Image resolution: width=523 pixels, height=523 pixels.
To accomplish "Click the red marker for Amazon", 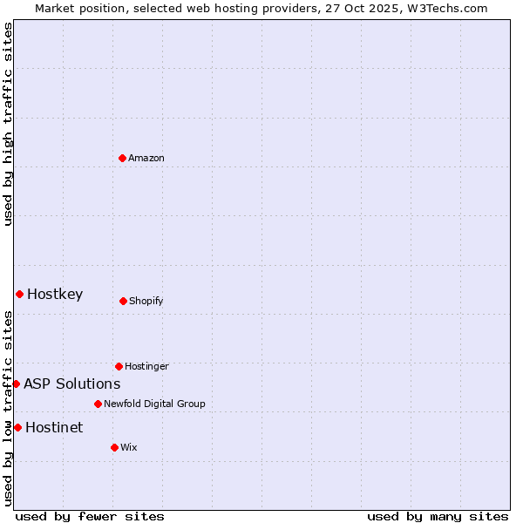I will pyautogui.click(x=123, y=158).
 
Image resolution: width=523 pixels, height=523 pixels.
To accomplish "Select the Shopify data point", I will pyautogui.click(x=123, y=301).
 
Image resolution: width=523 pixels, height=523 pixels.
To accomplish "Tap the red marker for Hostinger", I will pyautogui.click(x=119, y=366).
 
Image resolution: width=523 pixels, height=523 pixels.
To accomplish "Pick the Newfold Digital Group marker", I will pyautogui.click(x=98, y=404).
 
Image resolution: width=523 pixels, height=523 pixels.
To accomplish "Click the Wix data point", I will pyautogui.click(x=114, y=447).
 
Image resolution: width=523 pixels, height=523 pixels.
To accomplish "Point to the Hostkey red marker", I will pyautogui.click(x=19, y=294).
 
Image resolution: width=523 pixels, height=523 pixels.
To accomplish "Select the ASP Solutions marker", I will pyautogui.click(x=16, y=384).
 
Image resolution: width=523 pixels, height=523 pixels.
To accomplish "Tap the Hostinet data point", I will pyautogui.click(x=17, y=427).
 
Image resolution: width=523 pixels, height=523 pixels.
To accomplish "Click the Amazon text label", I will pyautogui.click(x=146, y=159).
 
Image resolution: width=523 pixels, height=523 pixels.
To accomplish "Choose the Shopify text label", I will pyautogui.click(x=146, y=302).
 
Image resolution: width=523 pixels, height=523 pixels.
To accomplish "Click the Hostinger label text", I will pyautogui.click(x=146, y=367).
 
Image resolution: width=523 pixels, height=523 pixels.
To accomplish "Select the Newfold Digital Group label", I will pyautogui.click(x=154, y=404).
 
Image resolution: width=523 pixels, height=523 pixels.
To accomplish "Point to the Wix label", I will pyautogui.click(x=129, y=448).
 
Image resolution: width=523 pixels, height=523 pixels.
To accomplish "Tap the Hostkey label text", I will pyautogui.click(x=55, y=295).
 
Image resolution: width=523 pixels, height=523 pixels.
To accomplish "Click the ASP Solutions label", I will pyautogui.click(x=72, y=384).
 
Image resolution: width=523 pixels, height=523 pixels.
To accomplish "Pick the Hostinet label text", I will pyautogui.click(x=54, y=428).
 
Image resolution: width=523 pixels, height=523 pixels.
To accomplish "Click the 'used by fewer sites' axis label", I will pyautogui.click(x=90, y=516).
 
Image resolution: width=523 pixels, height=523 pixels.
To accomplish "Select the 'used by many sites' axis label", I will pyautogui.click(x=438, y=516).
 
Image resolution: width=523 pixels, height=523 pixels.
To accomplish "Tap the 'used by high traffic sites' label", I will pyautogui.click(x=9, y=124).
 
